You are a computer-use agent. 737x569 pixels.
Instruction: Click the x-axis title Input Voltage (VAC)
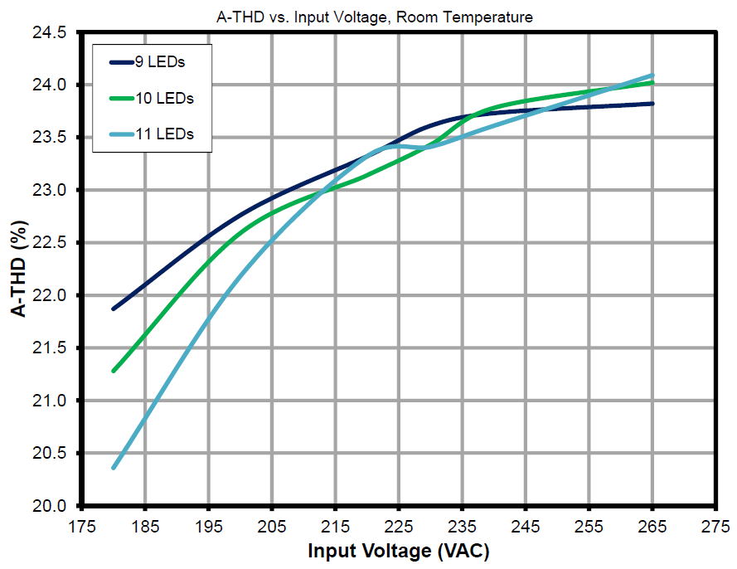point(398,551)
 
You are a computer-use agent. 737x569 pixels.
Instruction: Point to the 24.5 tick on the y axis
point(51,33)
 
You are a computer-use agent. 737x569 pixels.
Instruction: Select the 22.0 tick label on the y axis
point(51,296)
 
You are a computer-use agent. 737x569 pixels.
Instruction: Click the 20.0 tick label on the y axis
point(51,506)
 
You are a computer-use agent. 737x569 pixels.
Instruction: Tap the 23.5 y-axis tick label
point(51,139)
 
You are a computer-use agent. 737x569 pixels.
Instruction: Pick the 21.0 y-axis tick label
point(51,401)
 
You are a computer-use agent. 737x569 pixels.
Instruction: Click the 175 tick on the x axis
point(81,527)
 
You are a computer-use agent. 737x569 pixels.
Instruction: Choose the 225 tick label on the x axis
point(399,527)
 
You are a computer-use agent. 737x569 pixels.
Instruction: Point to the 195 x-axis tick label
point(208,527)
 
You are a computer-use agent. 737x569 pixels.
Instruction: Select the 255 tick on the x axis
point(589,527)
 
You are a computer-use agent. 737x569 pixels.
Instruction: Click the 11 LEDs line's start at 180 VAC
point(114,468)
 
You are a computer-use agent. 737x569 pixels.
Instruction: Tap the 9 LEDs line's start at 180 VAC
point(114,309)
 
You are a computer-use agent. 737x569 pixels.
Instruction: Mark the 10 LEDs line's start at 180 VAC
point(114,371)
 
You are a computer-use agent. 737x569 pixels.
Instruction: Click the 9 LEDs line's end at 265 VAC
point(652,104)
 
